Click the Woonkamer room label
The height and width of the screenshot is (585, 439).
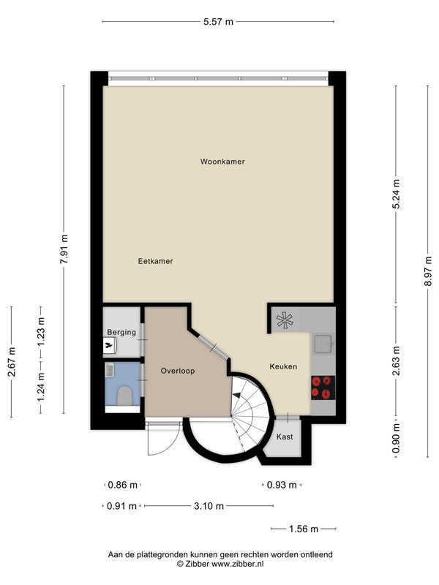point(222,162)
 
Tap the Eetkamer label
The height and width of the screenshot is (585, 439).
point(155,261)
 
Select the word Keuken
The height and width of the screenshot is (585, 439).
point(283,367)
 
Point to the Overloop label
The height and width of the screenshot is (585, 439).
point(178,371)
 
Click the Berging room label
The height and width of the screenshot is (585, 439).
point(121,332)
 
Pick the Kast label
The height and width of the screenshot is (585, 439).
point(285,437)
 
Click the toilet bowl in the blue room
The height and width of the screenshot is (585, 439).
point(124,396)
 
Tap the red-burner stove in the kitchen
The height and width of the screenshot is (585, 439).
point(323,388)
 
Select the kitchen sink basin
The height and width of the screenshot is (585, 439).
point(323,344)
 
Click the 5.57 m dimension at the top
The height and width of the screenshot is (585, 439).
point(218,22)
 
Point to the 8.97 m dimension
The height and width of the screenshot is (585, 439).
point(428,271)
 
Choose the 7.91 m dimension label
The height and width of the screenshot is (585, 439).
point(64,249)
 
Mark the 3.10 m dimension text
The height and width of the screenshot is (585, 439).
point(209,506)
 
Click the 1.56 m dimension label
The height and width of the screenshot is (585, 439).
point(304,529)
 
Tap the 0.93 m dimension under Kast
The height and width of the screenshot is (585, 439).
point(282,485)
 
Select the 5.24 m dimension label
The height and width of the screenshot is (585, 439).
point(396,194)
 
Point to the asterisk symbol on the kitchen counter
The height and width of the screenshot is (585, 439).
point(285,320)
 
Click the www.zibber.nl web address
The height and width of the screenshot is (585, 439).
point(237,564)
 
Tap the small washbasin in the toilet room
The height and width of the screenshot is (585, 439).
point(109,369)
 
